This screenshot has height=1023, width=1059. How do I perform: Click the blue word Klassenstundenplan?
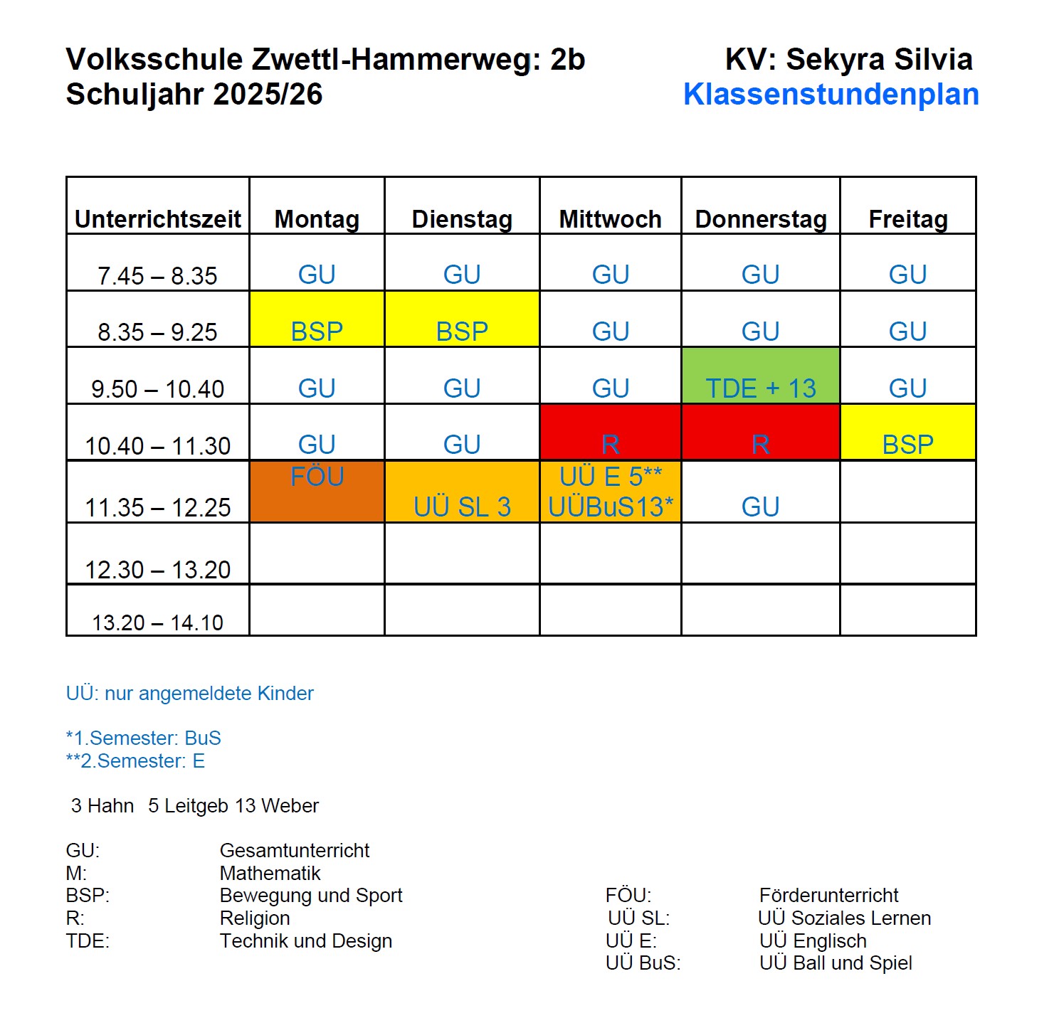(831, 95)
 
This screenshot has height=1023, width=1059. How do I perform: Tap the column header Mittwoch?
(610, 219)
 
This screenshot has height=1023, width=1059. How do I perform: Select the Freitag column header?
(907, 219)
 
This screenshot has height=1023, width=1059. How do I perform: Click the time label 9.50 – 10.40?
(157, 389)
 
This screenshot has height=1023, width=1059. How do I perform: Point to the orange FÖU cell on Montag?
(317, 491)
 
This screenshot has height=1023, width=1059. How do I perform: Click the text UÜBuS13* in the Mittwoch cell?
(610, 507)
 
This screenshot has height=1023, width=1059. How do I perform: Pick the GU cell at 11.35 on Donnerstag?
(760, 507)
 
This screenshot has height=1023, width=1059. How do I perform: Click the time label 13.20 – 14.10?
(157, 622)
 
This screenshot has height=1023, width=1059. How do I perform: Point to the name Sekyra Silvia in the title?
(879, 60)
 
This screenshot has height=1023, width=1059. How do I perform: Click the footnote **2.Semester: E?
(135, 761)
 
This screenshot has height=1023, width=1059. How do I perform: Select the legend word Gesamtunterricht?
(294, 850)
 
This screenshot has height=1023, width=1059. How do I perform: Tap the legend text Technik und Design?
(305, 940)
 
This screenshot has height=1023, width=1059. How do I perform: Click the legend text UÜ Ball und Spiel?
(835, 963)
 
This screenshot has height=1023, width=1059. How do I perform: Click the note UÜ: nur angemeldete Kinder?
(189, 694)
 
